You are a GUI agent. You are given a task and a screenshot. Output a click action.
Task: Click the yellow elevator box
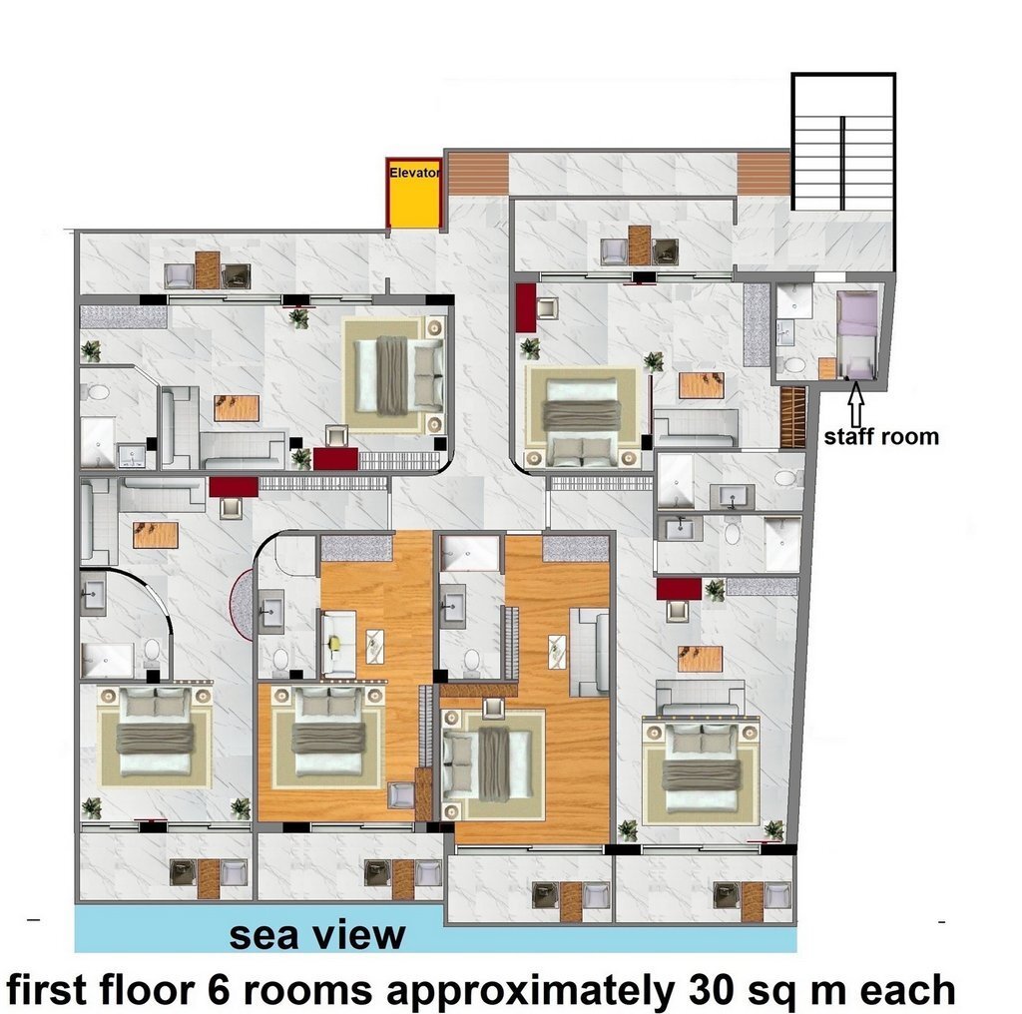[414, 193]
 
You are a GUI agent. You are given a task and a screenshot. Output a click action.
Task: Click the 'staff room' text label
[881, 436]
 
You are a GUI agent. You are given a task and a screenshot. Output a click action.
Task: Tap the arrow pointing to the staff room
[856, 403]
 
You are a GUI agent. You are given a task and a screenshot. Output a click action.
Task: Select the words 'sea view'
[317, 935]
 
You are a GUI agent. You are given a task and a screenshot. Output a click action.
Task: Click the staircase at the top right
[843, 142]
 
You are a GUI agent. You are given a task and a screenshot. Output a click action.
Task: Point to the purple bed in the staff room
[857, 334]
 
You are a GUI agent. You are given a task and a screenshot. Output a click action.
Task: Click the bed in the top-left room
[394, 375]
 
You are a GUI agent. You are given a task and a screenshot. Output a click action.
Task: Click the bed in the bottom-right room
[702, 769]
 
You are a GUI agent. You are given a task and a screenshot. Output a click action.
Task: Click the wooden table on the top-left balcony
[208, 270]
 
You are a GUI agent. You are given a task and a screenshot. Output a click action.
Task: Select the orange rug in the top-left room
[237, 408]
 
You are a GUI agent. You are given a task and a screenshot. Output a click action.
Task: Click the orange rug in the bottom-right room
[700, 658]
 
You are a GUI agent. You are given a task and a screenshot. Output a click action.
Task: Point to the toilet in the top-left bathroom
[98, 392]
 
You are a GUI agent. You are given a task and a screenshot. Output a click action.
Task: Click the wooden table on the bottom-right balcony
[753, 902]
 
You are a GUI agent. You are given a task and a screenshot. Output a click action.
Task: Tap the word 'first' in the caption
[46, 990]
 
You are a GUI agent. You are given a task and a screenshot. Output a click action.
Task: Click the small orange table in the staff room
[827, 369]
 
